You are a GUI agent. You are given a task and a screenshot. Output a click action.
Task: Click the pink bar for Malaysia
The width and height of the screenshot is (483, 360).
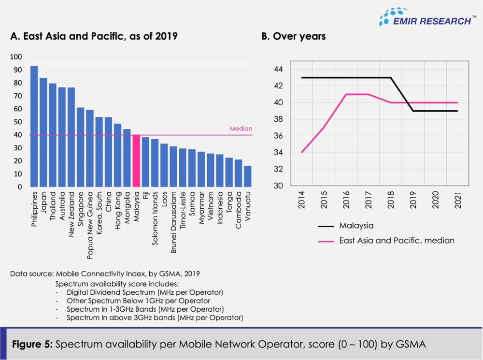tap(137, 161)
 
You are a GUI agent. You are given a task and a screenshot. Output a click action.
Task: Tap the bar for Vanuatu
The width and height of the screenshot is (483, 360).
tap(248, 176)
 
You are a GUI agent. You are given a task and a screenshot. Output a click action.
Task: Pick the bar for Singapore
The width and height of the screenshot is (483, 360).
tap(81, 147)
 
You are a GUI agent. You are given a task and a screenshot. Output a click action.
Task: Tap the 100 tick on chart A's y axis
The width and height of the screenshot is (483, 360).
tap(16, 57)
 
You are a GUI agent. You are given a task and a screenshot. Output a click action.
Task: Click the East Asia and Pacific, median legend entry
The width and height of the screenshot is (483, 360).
tap(397, 240)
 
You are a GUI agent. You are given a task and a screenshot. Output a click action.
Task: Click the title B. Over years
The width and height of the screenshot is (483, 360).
tap(293, 36)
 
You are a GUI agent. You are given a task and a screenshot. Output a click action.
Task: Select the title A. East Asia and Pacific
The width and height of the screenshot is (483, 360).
tap(94, 36)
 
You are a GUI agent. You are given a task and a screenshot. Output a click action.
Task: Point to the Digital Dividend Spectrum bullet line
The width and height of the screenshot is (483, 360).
tap(138, 292)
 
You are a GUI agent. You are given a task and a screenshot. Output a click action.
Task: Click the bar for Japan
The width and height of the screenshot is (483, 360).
tap(43, 132)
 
